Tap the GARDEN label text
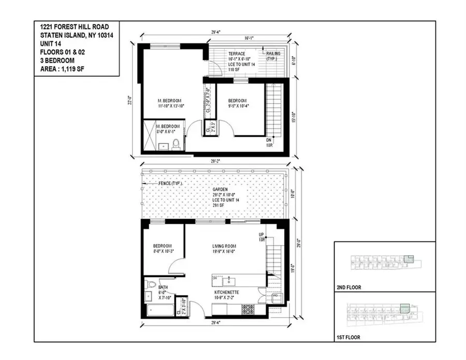click(x=227, y=190)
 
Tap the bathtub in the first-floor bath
click(x=157, y=310)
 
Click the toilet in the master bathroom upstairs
click(x=176, y=144)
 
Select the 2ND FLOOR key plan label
click(x=348, y=287)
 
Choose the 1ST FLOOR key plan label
click(x=348, y=338)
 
